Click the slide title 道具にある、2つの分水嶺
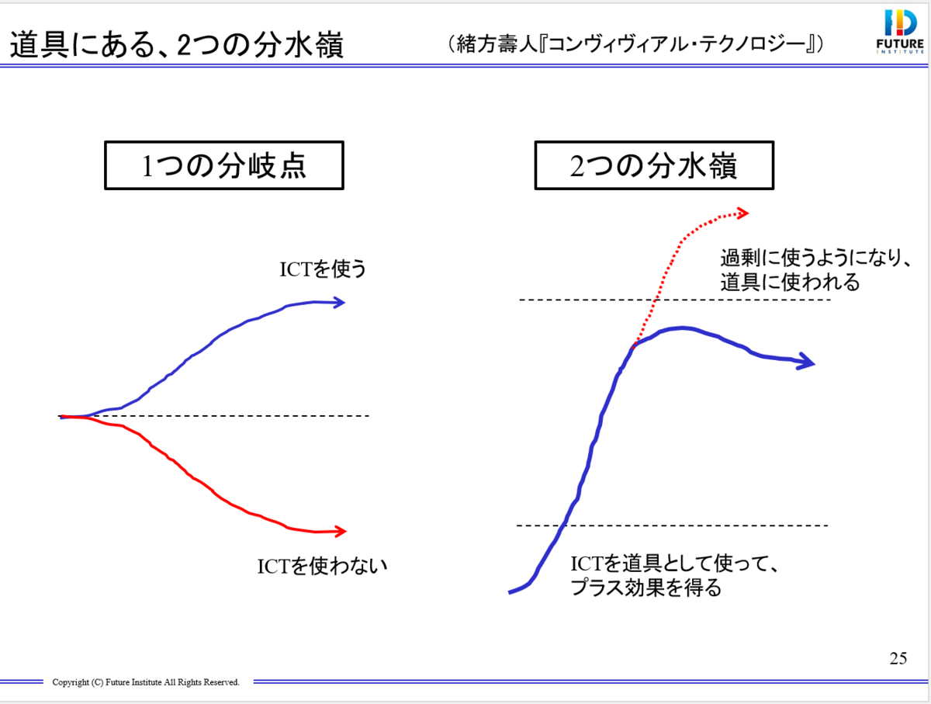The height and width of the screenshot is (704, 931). pyautogui.click(x=177, y=47)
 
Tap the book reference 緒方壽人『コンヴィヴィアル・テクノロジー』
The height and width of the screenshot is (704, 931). pyautogui.click(x=635, y=44)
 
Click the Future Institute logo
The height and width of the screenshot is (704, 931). pyautogui.click(x=900, y=32)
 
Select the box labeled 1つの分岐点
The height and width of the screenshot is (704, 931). pyautogui.click(x=224, y=166)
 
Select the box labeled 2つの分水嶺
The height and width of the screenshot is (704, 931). pyautogui.click(x=654, y=166)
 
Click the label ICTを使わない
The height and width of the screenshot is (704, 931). pyautogui.click(x=322, y=566)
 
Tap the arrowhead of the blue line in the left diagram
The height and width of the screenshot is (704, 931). pyautogui.click(x=339, y=302)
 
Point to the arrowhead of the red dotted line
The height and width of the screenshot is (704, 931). pyautogui.click(x=742, y=212)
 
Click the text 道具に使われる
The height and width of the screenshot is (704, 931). pyautogui.click(x=790, y=282)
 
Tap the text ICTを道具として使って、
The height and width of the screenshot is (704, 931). pyautogui.click(x=673, y=564)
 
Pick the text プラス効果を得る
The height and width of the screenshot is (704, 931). pyautogui.click(x=645, y=588)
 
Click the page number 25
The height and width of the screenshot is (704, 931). pyautogui.click(x=898, y=659)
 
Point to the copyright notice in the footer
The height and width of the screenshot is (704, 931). pyautogui.click(x=146, y=682)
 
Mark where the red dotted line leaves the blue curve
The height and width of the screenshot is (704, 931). pyautogui.click(x=635, y=345)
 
